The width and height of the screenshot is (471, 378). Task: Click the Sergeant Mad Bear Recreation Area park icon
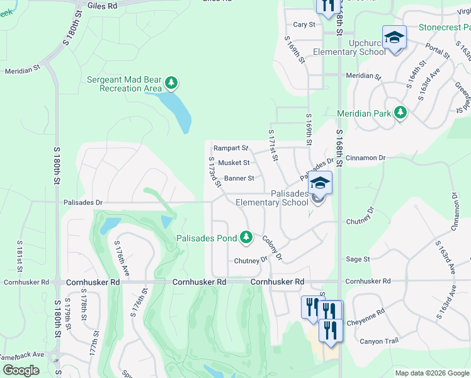171,83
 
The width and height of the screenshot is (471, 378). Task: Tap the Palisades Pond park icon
246,238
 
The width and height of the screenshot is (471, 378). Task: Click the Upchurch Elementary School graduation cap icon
394,38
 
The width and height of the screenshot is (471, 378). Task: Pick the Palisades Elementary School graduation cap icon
320,183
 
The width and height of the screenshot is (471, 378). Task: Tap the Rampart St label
230,148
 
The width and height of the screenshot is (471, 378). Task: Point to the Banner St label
239,178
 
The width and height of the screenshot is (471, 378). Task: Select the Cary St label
304,25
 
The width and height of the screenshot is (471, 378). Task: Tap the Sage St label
358,259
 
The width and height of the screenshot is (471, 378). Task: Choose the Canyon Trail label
379,341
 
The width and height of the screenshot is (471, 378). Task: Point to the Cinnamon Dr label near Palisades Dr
365,157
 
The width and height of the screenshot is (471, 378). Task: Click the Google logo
21,370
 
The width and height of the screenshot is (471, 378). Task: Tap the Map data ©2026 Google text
431,373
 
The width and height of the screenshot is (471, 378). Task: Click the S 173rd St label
214,172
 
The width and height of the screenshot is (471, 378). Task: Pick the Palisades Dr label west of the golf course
82,203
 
